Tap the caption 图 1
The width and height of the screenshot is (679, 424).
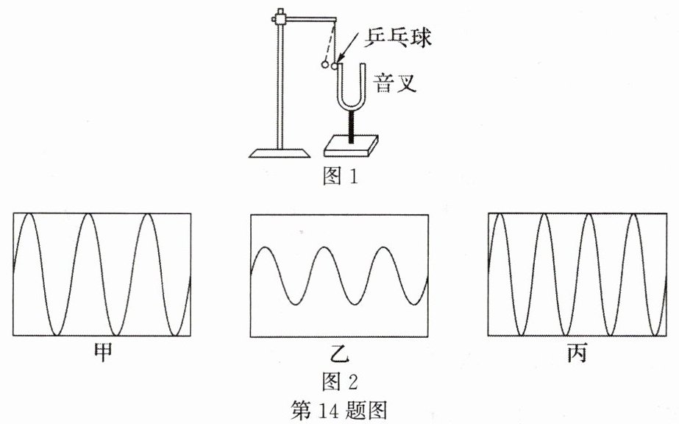[x=339, y=177]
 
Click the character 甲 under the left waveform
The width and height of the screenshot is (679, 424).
[x=102, y=354]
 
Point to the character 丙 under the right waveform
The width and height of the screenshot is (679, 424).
[x=577, y=355]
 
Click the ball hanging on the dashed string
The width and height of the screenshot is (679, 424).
[x=324, y=66]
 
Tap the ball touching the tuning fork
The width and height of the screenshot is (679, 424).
[x=335, y=66]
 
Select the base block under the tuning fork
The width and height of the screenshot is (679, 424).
[x=352, y=146]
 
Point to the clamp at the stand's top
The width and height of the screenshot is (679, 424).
[x=279, y=16]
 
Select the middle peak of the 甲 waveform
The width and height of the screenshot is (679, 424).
[x=87, y=214]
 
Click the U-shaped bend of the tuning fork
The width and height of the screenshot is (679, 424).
[x=352, y=105]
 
